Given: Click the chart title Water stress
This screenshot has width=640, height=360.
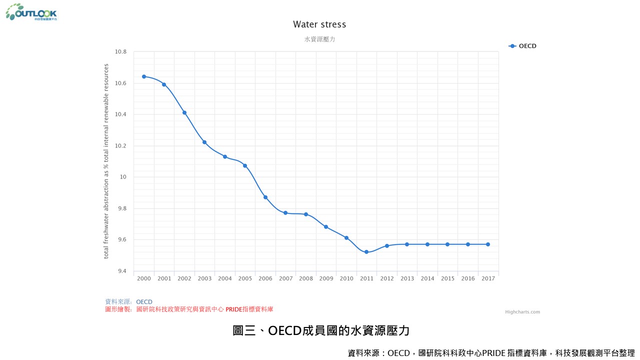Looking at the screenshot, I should [319, 24].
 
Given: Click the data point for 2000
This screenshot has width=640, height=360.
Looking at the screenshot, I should [144, 76].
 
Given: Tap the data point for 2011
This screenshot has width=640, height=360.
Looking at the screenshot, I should [366, 252].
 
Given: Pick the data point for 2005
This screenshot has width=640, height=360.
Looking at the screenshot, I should [245, 165].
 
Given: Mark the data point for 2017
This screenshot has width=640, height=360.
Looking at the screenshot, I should [488, 244].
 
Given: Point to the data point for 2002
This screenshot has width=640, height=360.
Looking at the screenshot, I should [184, 112].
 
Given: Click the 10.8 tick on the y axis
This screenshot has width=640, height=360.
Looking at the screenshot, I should [120, 52].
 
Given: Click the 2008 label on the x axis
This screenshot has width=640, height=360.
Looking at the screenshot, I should [305, 278].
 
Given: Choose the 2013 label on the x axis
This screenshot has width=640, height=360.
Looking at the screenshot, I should [407, 278].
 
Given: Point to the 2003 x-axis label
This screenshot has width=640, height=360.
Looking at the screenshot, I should [204, 278].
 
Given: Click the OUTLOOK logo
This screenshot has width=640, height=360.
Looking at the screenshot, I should [31, 12].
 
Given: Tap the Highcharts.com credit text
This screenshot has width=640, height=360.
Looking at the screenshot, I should [522, 312].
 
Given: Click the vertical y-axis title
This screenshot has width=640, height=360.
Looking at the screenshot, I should [106, 161].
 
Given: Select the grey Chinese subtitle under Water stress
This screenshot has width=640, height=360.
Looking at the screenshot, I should [319, 39].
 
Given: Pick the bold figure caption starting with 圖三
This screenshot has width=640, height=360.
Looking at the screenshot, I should [321, 331].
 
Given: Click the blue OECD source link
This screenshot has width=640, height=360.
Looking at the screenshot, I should [144, 302].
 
